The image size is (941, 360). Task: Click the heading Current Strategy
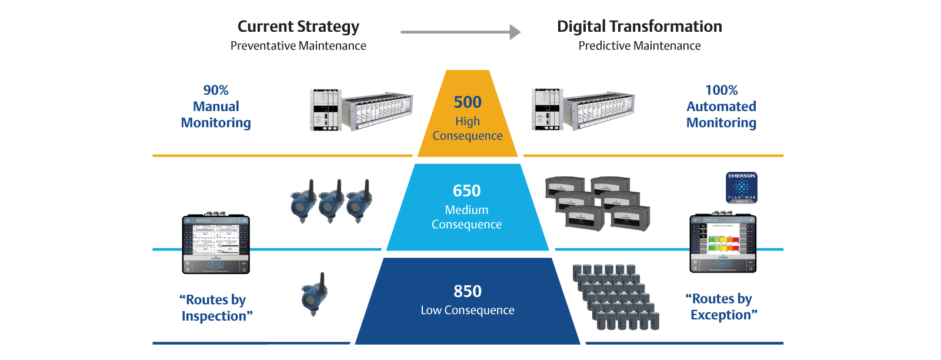click(298, 26)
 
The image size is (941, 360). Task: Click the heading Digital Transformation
click(639, 26)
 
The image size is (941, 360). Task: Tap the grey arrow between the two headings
click(461, 32)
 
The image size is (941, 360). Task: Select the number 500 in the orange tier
click(468, 102)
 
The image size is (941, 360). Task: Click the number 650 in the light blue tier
click(467, 191)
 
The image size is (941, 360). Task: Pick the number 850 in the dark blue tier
click(468, 291)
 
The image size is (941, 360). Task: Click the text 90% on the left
click(216, 90)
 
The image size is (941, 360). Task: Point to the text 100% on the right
click(722, 90)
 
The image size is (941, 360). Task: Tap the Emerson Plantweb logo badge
click(742, 188)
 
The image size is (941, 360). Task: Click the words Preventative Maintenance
click(298, 46)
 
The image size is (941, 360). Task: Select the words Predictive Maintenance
click(639, 46)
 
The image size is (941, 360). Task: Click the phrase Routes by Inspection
click(216, 308)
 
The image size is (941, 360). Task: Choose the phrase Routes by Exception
click(722, 306)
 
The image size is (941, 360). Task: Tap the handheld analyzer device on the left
click(216, 244)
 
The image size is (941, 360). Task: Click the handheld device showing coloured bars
click(723, 244)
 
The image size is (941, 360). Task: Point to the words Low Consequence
click(468, 310)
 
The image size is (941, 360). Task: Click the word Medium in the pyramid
click(466, 210)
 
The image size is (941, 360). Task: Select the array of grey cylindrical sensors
click(616, 297)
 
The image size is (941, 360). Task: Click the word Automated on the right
click(722, 106)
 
